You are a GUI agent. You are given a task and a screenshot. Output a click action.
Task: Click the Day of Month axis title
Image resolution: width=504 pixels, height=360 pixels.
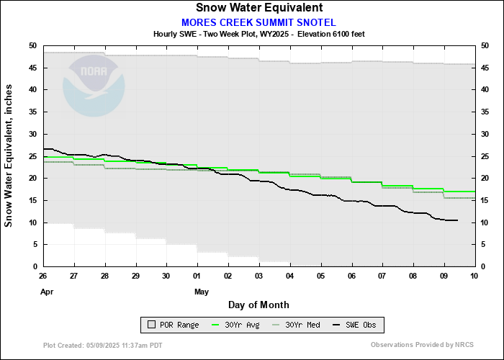point(258,305)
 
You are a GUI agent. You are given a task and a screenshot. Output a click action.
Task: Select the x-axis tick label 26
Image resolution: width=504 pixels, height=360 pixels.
point(43,276)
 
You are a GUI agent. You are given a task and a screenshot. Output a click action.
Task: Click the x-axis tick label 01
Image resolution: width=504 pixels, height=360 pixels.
point(197,276)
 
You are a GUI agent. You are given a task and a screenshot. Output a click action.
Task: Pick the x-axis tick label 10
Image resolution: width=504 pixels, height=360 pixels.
point(474,276)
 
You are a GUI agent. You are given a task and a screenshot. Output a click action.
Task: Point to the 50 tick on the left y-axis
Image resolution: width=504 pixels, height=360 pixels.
point(32,45)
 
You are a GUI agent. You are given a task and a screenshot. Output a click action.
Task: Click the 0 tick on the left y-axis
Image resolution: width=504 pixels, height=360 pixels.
point(35,266)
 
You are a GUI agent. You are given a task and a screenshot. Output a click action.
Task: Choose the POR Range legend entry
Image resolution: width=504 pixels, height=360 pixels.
point(169,325)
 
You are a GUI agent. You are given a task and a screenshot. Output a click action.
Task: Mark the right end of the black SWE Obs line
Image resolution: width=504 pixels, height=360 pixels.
point(458,220)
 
